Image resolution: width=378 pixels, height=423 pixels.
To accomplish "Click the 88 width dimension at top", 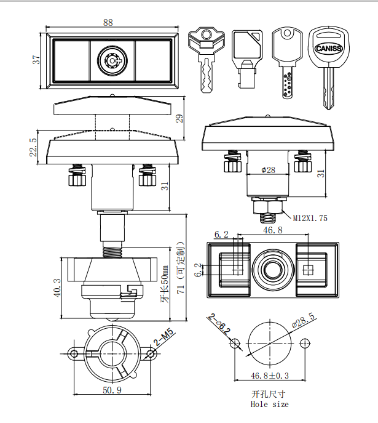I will point(108,22).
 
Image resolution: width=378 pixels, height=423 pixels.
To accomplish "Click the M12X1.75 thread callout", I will point(310,217).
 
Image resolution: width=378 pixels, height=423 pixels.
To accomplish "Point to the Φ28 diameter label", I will point(268,170).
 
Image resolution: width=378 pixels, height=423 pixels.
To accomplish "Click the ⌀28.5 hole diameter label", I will point(304,321).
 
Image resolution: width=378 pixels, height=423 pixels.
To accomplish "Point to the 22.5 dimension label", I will point(33,148).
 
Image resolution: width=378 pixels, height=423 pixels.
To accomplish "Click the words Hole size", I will point(269,405).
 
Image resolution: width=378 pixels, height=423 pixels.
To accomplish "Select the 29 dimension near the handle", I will point(179,118).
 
